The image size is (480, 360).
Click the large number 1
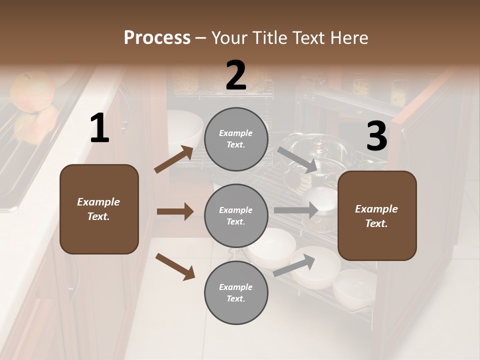(x=99, y=128)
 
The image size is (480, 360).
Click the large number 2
(x=236, y=75)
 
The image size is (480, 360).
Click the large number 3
(x=376, y=136)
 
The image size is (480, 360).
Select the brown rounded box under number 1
(x=99, y=209)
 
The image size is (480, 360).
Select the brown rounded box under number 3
(x=377, y=215)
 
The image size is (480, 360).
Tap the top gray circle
(x=236, y=139)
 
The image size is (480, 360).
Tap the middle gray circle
(x=236, y=215)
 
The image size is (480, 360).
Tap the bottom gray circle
(x=236, y=292)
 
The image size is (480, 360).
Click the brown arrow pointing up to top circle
(x=174, y=159)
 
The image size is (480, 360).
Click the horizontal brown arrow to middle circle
(x=175, y=211)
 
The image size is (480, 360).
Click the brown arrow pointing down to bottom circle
(x=175, y=265)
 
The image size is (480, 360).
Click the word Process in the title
(x=157, y=37)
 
